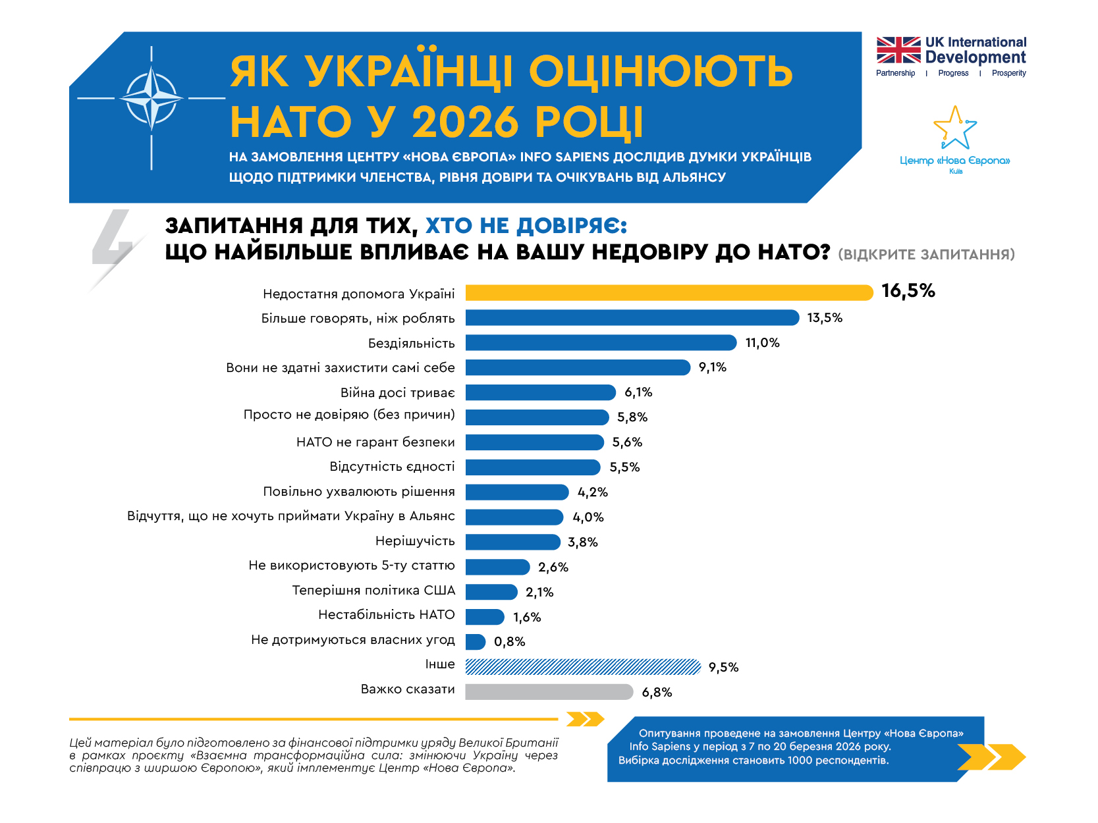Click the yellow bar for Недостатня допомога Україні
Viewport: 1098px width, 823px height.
pos(669,292)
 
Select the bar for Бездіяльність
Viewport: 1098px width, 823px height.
pos(601,342)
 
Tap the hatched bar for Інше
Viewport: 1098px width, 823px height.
pos(583,667)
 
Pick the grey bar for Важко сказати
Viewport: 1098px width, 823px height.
pos(549,692)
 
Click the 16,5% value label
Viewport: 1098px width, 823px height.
pos(908,291)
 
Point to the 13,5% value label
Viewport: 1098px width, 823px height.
pos(825,318)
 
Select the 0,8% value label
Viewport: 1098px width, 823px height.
pos(509,642)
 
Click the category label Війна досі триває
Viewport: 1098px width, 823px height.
pos(397,393)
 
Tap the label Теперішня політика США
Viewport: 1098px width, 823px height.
pos(373,591)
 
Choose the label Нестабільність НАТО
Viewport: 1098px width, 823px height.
pos(386,615)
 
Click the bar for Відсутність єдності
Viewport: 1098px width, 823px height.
pos(532,467)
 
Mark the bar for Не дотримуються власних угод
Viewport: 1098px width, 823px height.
pos(475,642)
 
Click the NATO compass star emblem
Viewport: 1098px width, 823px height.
pos(151,99)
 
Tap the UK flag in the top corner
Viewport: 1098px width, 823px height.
pos(898,50)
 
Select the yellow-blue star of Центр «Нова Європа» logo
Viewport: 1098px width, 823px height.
pos(954,128)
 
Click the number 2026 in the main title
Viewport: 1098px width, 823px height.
pos(466,122)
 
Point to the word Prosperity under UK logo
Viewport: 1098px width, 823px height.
pos(1008,73)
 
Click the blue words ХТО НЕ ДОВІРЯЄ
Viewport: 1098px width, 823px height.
pos(526,226)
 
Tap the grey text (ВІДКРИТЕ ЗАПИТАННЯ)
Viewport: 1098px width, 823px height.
pos(926,254)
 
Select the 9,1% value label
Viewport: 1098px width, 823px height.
pos(712,367)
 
